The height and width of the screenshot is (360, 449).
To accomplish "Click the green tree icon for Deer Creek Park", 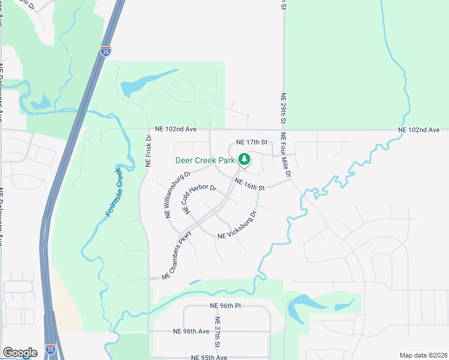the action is tap(244, 160).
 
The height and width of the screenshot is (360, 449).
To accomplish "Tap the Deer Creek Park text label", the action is tap(204, 160).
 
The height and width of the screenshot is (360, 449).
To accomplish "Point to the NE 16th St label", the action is tap(250, 185).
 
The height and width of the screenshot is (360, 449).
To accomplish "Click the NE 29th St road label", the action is tap(283, 109).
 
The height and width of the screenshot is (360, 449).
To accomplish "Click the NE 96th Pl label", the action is tap(226, 306).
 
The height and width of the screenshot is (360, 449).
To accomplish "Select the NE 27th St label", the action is tap(217, 338).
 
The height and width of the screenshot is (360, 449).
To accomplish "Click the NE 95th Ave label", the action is tap(209, 357).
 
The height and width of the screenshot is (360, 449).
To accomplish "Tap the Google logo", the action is tap(20, 353).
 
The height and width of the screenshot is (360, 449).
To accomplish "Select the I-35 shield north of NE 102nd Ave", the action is tap(106, 51).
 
